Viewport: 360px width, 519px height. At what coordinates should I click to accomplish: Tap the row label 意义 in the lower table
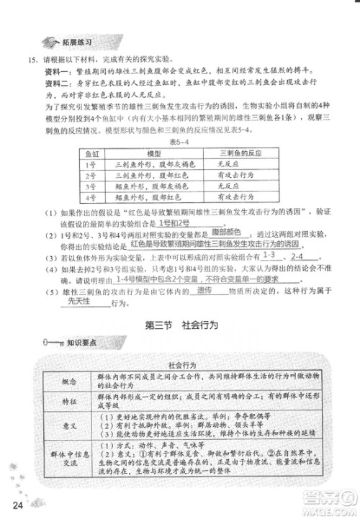pos(69,428)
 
